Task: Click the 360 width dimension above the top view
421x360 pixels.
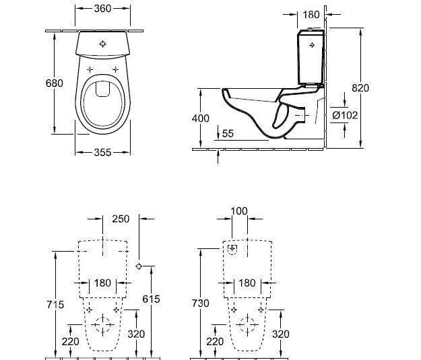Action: tap(102, 9)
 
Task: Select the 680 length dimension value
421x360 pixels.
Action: tap(54, 83)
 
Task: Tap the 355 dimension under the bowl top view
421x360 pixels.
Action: tap(102, 153)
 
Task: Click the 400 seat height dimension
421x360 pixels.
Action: tap(200, 118)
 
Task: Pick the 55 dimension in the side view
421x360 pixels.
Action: tap(228, 134)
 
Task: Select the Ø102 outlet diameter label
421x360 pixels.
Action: tap(345, 115)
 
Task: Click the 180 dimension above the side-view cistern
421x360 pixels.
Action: tap(311, 15)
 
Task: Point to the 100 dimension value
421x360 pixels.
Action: tap(239, 211)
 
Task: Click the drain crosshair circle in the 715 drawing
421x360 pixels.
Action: tap(102, 326)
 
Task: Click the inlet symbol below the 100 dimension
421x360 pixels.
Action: tap(233, 250)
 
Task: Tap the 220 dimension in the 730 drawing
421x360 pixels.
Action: tap(216, 341)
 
